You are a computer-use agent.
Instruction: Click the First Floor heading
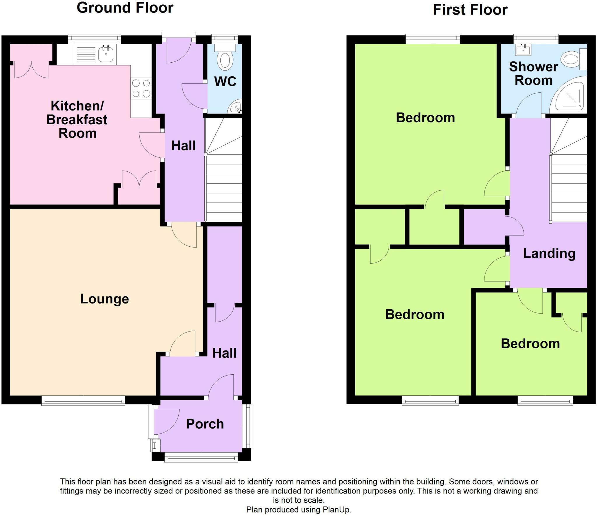coord(470,10)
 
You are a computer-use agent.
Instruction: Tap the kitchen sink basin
coord(106,55)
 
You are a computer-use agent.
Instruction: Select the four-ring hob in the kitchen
coord(141,88)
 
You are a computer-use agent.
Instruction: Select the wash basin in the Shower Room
coord(523,50)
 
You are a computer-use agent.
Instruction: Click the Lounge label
coord(104,299)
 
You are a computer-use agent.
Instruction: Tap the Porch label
coord(205,424)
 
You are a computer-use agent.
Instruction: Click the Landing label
coord(549,253)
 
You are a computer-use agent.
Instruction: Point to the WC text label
coord(225,82)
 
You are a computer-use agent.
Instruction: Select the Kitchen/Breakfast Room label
coord(77,120)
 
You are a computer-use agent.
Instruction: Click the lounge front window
coord(83,400)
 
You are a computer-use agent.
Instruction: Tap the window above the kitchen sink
coord(94,39)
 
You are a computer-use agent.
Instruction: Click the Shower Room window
coord(535,39)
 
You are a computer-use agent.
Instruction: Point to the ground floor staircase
coord(224,175)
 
